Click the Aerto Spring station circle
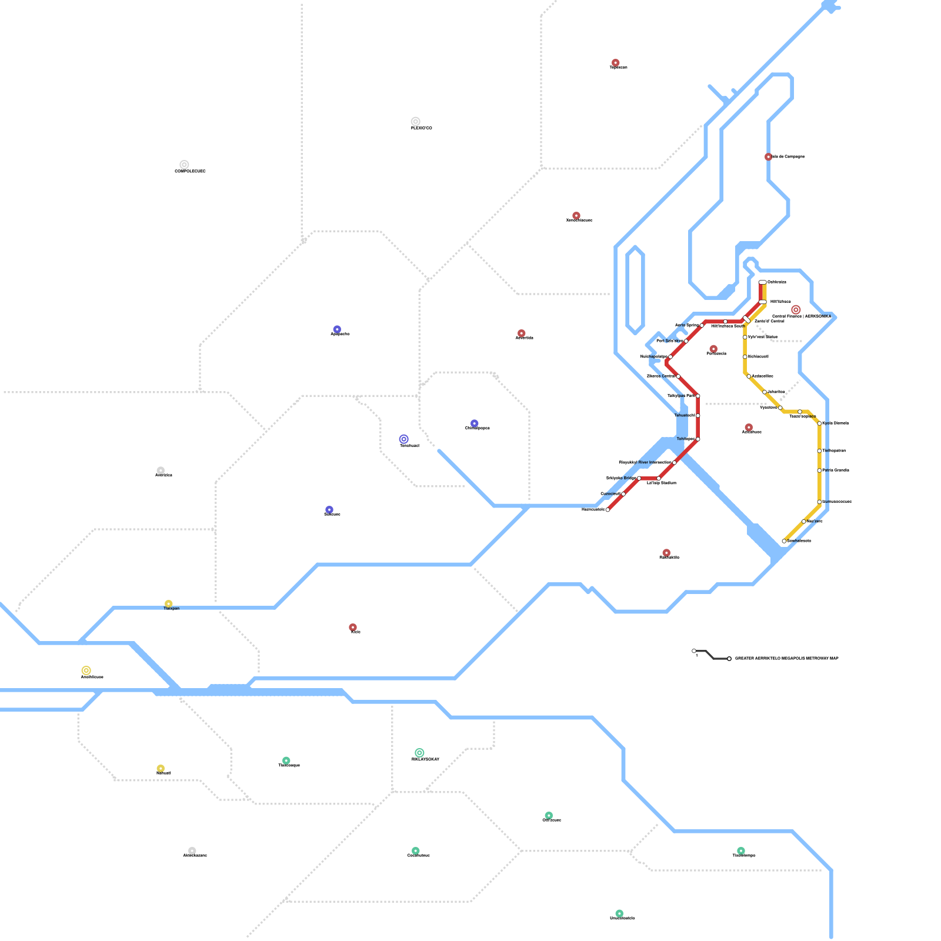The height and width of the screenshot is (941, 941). tap(702, 325)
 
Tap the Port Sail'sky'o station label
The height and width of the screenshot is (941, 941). tap(670, 341)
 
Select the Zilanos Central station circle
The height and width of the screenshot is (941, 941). tap(678, 376)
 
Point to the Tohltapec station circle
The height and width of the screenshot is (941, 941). tap(698, 439)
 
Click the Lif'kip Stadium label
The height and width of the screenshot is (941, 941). tap(662, 483)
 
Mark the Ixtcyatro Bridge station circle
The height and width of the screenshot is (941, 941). tap(639, 478)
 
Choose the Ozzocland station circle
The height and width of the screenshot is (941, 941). tap(623, 494)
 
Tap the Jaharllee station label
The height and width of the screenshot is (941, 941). tap(776, 392)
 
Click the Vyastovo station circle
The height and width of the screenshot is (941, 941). tap(780, 408)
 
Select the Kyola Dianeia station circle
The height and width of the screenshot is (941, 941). tap(819, 423)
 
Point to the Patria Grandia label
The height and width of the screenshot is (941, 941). tap(836, 470)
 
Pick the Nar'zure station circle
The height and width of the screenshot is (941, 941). tap(804, 522)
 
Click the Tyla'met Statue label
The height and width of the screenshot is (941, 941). tap(763, 337)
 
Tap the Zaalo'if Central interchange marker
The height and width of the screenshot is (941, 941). tap(747, 319)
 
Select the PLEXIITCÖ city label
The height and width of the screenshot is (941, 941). tap(422, 128)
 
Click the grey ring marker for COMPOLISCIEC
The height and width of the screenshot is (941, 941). tap(184, 165)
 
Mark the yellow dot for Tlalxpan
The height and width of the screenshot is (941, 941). tap(169, 604)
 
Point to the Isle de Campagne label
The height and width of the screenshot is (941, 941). tap(788, 157)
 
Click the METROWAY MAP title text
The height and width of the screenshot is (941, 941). tap(787, 659)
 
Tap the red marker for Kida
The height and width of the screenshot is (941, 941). tap(353, 628)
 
